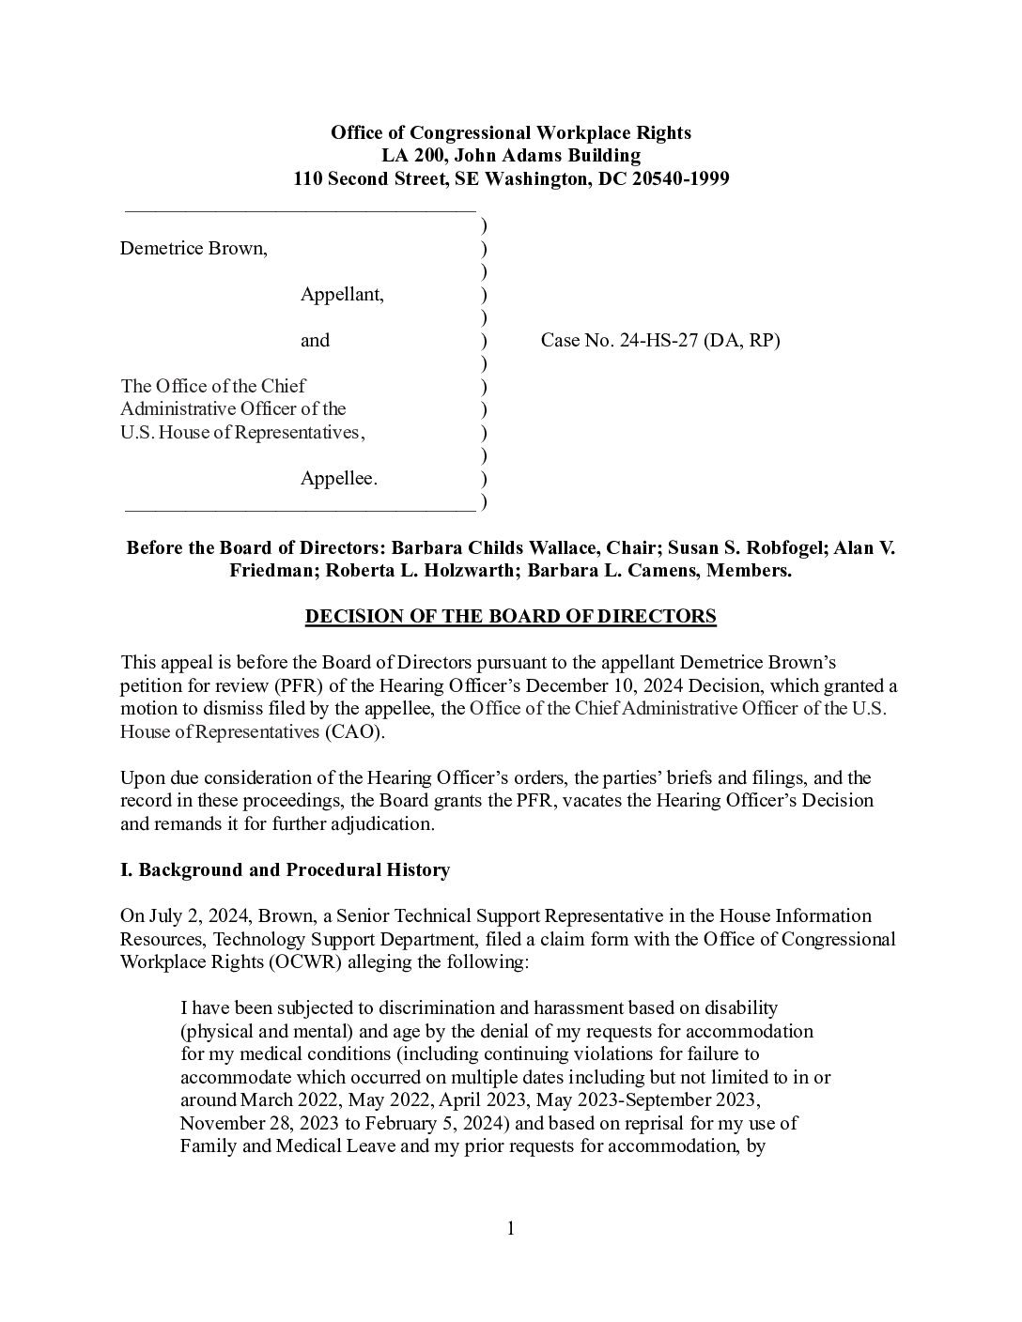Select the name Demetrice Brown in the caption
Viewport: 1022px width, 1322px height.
click(192, 249)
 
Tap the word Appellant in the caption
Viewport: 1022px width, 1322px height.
click(341, 295)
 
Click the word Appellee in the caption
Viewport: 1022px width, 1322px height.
click(338, 479)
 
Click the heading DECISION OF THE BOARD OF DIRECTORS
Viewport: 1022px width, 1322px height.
click(511, 617)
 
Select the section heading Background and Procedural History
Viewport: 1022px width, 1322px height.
click(294, 870)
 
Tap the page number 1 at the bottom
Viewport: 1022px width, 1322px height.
click(511, 1229)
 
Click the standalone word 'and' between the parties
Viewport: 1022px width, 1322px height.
click(315, 341)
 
